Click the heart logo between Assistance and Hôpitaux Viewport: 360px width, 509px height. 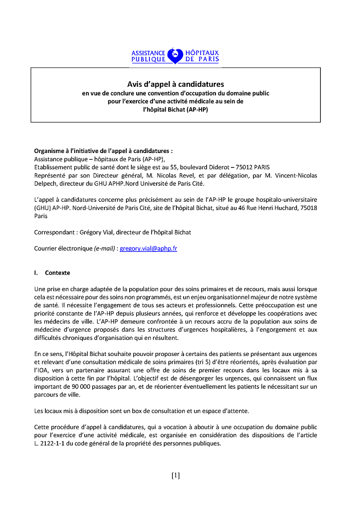click(x=175, y=56)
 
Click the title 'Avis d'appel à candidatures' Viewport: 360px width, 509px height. click(x=175, y=84)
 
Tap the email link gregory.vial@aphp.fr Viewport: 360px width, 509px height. click(x=148, y=248)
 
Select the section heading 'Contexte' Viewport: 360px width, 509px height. click(x=58, y=273)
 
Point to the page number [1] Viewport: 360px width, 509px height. click(x=175, y=475)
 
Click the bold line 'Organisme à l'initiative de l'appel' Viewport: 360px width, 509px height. click(x=103, y=151)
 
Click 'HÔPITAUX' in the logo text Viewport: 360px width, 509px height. click(x=202, y=53)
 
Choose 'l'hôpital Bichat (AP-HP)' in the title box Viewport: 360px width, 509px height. click(x=175, y=109)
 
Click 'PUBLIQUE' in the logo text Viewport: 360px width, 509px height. click(x=148, y=59)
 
